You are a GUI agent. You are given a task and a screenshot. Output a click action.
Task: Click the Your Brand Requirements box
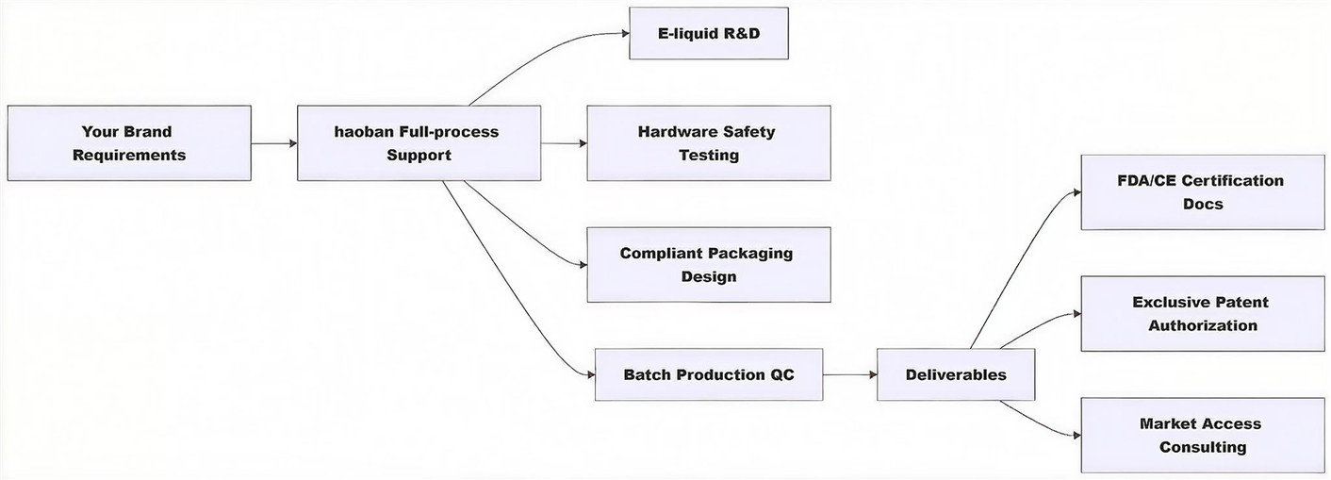[128, 143]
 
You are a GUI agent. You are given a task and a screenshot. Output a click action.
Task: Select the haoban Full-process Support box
[419, 143]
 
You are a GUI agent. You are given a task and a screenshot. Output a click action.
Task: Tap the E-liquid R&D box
[708, 33]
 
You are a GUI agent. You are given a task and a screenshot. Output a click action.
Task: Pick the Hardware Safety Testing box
[708, 143]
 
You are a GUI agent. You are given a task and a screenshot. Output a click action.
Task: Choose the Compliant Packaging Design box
[708, 264]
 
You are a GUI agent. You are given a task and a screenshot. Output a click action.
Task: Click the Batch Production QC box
[708, 374]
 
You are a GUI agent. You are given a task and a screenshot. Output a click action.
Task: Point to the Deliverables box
[955, 374]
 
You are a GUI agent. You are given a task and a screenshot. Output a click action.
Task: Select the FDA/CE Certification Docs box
[1202, 192]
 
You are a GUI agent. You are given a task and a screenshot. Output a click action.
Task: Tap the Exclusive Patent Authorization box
[1202, 314]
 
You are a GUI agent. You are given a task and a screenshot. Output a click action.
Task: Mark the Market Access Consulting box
[1202, 436]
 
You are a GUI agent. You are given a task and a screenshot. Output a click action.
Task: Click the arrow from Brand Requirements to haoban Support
[273, 143]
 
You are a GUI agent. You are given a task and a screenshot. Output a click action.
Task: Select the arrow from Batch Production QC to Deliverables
[848, 374]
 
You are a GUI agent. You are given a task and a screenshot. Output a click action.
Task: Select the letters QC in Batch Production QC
[781, 374]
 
